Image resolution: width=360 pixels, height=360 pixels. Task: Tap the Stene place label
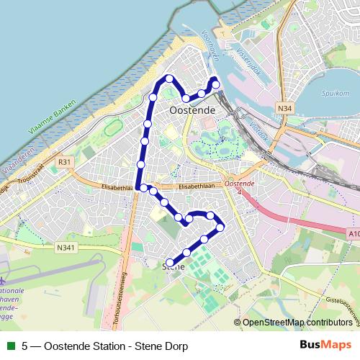coord(174,266)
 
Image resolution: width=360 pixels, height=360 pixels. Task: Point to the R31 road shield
coord(66,163)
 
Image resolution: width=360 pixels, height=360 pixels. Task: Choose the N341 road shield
coord(66,248)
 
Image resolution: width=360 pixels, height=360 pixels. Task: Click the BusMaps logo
coord(325,346)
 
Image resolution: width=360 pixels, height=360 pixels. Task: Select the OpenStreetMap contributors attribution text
coord(297,323)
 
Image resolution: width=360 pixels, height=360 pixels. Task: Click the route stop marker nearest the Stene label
coord(170,262)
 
